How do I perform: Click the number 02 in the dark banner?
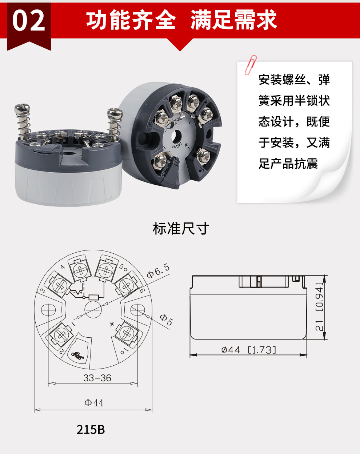point(29,21)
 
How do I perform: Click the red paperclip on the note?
point(251,65)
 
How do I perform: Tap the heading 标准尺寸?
point(181,229)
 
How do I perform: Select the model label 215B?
point(91,429)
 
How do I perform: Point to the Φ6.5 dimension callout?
point(158,271)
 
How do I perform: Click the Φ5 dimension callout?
point(167,320)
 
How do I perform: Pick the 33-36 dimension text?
point(97,378)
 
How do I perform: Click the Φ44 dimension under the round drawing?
point(94,403)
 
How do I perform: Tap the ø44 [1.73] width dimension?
point(249,350)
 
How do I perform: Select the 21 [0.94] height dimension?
point(319,307)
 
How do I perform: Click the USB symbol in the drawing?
point(78,356)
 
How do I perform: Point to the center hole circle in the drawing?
point(93,309)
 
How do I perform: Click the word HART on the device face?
point(177,145)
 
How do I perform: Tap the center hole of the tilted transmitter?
point(176,136)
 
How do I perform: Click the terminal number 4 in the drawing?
point(63,267)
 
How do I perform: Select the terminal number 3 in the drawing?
point(43,290)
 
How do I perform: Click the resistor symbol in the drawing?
point(93,297)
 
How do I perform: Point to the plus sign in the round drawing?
point(112,324)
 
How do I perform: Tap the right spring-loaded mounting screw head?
point(115,114)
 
